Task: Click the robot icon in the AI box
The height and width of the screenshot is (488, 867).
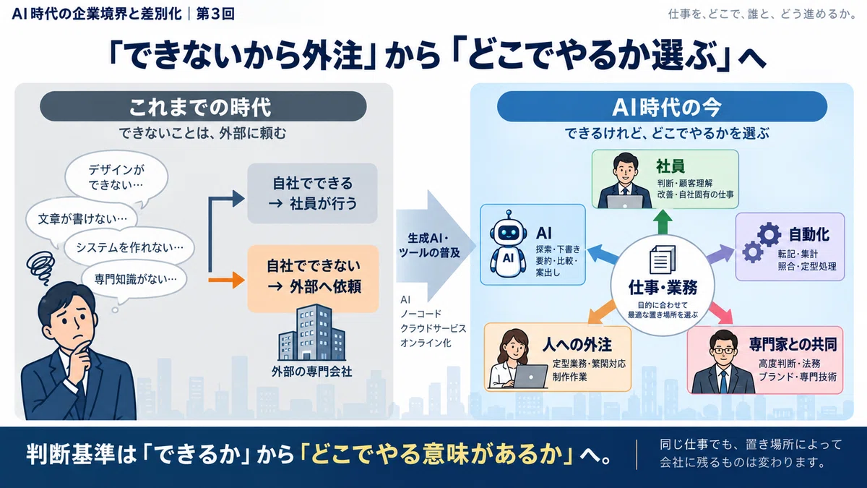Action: [508, 245]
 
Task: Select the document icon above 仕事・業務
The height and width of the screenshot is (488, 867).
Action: [663, 260]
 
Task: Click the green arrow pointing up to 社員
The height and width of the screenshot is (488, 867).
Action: [663, 222]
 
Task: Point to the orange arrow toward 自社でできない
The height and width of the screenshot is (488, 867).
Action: [226, 280]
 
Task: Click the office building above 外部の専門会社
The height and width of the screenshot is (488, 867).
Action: [311, 333]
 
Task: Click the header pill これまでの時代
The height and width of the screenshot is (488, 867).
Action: [203, 106]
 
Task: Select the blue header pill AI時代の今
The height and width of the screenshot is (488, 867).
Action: [663, 106]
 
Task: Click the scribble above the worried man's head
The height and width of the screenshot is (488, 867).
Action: [41, 266]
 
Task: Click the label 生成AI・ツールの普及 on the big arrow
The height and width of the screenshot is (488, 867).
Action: [429, 246]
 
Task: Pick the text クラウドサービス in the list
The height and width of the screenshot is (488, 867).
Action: [433, 328]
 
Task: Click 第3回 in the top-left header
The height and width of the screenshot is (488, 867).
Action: [215, 14]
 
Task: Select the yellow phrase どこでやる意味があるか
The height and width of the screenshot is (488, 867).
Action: [436, 454]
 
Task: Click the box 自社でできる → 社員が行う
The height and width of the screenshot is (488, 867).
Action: [312, 193]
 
